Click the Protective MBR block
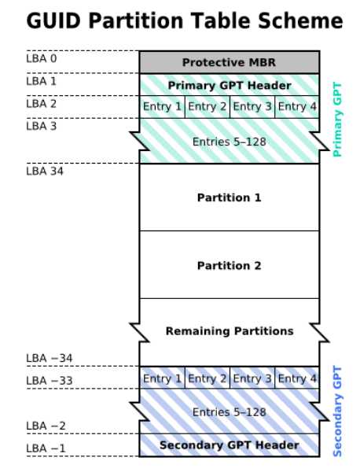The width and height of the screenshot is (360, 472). [230, 62]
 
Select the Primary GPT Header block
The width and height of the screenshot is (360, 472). [230, 85]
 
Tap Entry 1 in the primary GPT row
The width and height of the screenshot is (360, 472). [163, 106]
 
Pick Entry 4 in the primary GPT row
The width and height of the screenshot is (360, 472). [297, 106]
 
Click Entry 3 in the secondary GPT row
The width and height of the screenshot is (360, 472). [252, 378]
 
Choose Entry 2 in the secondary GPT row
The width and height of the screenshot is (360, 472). [208, 378]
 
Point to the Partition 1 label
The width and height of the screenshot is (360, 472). [230, 197]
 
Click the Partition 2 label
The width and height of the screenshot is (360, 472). [230, 266]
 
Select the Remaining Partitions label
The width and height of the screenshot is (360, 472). [230, 331]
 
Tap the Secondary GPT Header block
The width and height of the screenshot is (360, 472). [230, 445]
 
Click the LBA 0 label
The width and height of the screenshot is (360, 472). [42, 58]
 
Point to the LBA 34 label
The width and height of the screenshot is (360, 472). [45, 171]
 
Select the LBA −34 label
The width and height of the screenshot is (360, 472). [50, 358]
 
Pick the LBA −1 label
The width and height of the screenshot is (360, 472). [46, 448]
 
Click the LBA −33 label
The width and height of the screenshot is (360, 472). [50, 381]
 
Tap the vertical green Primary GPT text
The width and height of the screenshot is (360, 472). [337, 120]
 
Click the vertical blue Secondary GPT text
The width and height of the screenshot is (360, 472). [337, 411]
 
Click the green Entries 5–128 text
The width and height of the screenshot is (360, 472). [230, 142]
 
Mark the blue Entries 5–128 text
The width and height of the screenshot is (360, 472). [230, 411]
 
